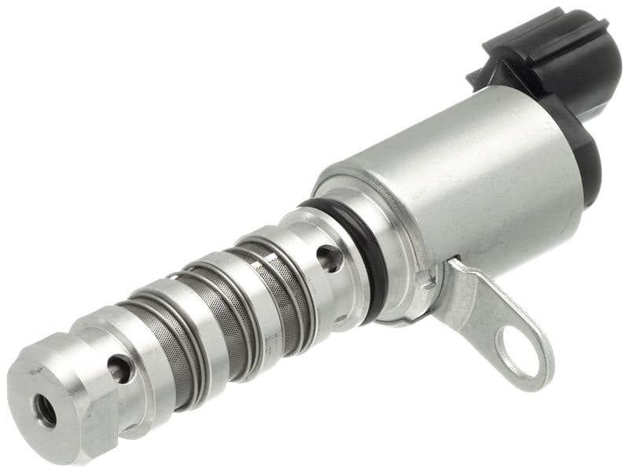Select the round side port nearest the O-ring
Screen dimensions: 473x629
pos(330,257)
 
